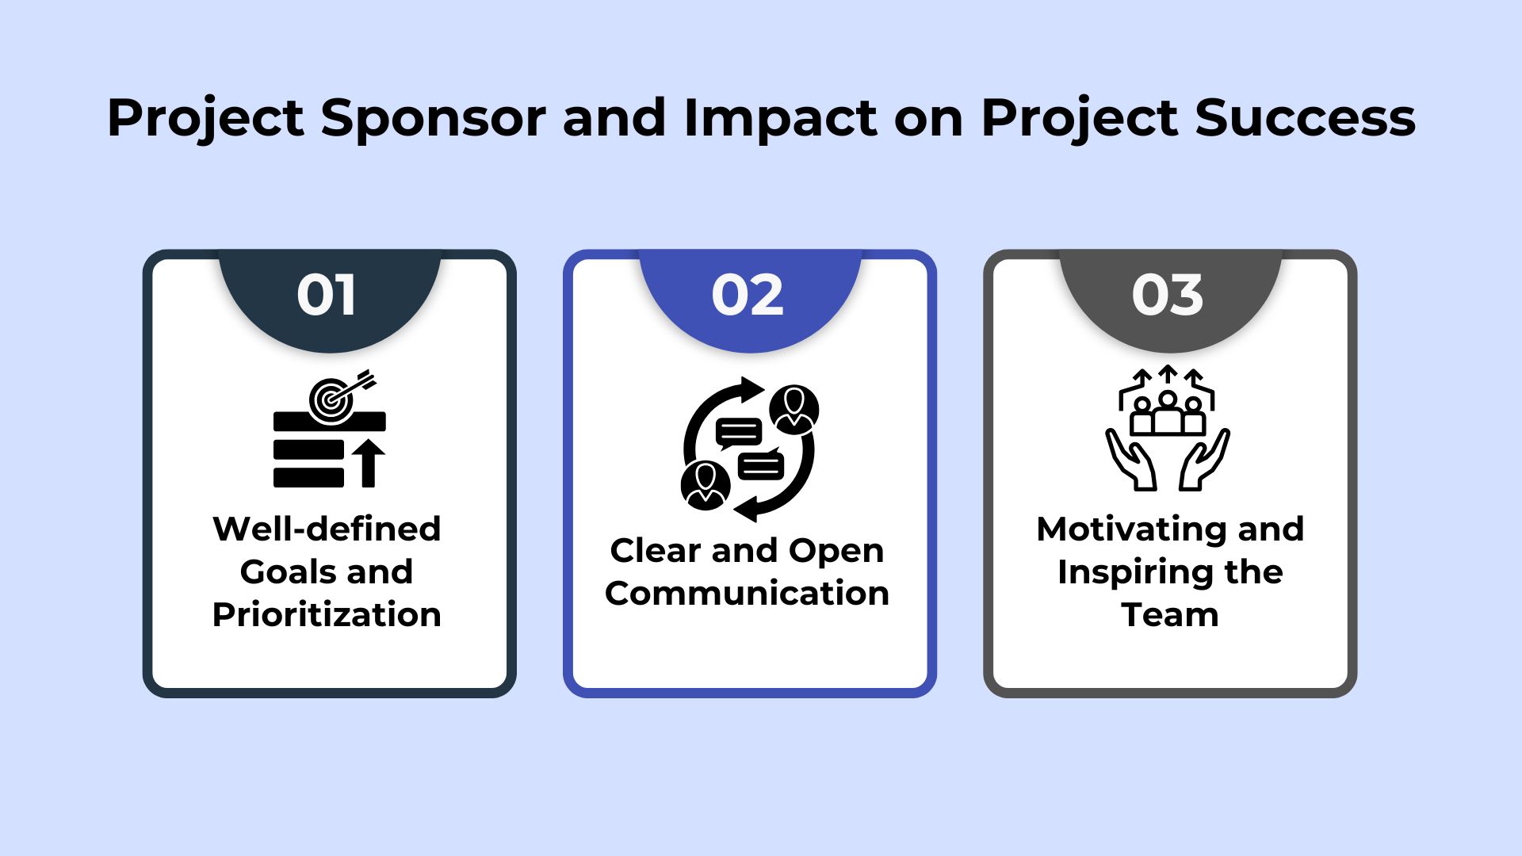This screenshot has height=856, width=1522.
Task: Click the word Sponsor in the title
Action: tap(433, 119)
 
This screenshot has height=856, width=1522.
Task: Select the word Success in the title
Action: tap(1304, 119)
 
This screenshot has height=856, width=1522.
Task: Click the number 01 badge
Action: tap(327, 296)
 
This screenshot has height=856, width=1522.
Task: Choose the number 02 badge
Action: tap(748, 296)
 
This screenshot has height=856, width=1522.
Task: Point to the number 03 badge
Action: tap(1168, 296)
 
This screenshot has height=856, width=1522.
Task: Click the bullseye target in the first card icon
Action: tap(331, 399)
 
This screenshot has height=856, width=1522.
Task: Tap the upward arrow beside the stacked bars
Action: tap(368, 464)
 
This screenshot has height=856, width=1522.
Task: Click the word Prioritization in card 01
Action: tap(327, 615)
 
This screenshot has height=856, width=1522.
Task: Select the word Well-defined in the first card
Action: tap(327, 529)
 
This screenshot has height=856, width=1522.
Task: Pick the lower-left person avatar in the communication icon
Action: tap(705, 485)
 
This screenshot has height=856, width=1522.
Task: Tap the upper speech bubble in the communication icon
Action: tap(738, 432)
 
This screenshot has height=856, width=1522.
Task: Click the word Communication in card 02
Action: tap(747, 594)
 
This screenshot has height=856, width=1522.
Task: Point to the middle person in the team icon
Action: tap(1168, 412)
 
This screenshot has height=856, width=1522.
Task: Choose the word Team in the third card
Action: tap(1170, 615)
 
